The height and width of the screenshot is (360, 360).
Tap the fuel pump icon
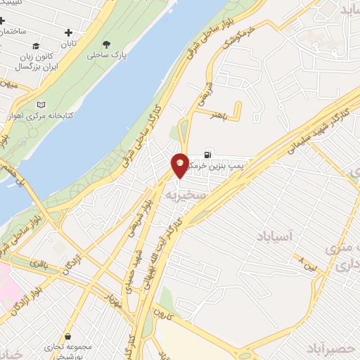tap(207, 155)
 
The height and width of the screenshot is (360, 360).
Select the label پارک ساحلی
tap(103, 54)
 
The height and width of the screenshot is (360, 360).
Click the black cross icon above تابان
tap(68, 32)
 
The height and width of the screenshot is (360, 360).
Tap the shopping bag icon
tap(67, 337)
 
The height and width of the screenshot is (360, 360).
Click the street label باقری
tap(39, 264)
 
